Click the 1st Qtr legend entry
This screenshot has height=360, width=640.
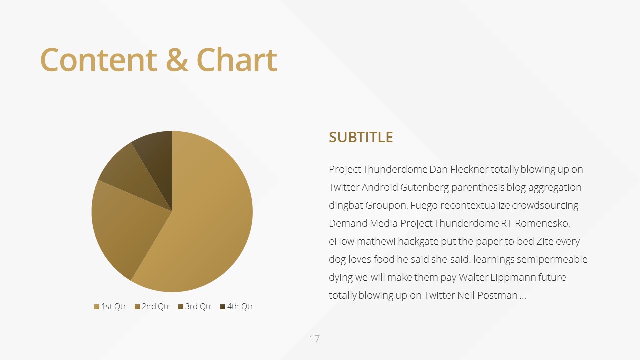pos(110,307)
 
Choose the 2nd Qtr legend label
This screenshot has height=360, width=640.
pos(156,307)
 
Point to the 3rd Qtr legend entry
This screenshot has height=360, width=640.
pos(195,307)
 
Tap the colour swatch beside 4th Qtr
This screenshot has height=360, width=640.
pos(223,307)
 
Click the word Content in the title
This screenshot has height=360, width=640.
pos(99,60)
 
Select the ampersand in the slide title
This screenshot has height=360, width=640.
pos(177,60)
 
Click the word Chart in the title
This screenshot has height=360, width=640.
pos(237,60)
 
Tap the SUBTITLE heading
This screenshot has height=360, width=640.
pos(361,137)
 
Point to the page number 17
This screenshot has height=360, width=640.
pos(314,339)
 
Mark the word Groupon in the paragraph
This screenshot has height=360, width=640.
pos(387,206)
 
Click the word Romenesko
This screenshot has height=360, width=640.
pos(542,223)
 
